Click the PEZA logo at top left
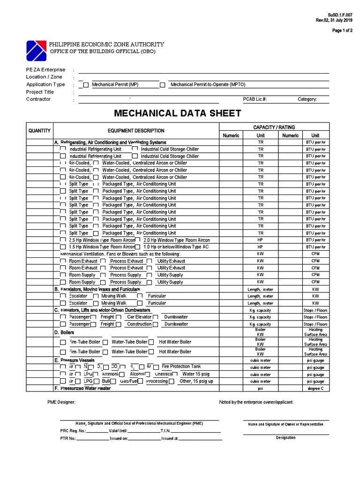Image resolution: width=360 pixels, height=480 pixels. pos(37,48)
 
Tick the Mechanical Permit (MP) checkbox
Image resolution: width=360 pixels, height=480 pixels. pos(86,85)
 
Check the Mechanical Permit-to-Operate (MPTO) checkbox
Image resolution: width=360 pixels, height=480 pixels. pos(163,85)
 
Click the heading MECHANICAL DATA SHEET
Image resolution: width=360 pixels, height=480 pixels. pos(178,113)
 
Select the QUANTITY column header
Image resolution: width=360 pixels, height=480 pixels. pos(40,131)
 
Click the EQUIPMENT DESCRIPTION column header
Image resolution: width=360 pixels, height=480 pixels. pos(136,131)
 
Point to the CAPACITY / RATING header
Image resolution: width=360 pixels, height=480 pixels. pos(274,127)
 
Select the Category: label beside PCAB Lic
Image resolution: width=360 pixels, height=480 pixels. pos(307,99)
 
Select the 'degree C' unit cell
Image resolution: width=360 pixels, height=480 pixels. pos(315,389)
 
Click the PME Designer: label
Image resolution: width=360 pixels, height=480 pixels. pos(61,402)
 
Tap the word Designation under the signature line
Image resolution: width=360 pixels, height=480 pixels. pos(285,437)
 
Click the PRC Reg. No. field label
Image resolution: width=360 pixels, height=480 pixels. pos(73,430)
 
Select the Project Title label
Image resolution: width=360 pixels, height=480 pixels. pos(40,92)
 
